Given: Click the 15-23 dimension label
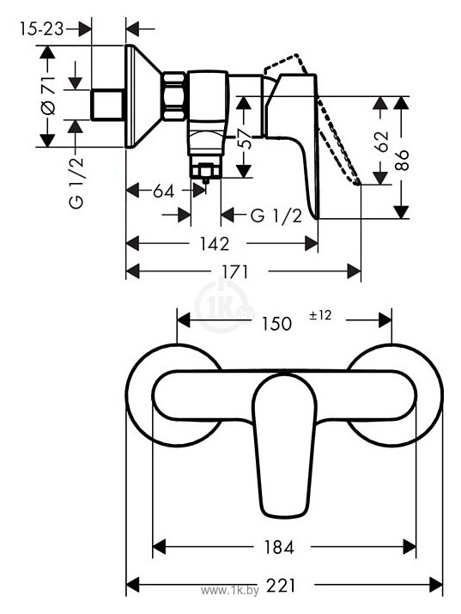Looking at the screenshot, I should (x=41, y=28).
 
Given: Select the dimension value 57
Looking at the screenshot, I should (x=247, y=140).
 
